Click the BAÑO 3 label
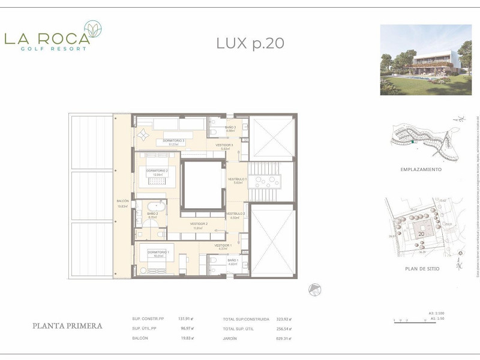pos(231,127)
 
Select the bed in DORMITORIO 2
pos(157,180)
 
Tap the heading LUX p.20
pos(250,43)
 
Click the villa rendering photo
pos(426,59)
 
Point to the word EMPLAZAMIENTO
pos(421,170)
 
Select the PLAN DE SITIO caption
pos(422,269)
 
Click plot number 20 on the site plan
pos(421,233)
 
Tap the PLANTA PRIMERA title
pos(67,326)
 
